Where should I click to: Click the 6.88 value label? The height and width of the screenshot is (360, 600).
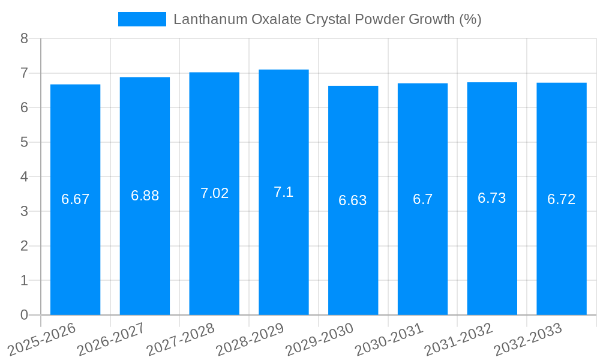[x=145, y=196]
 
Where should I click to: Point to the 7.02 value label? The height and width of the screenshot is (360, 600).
[x=214, y=193]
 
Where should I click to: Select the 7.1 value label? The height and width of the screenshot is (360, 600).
[x=284, y=192]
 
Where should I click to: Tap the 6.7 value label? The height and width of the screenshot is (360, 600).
[x=422, y=200]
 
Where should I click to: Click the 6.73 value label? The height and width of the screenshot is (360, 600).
[x=492, y=198]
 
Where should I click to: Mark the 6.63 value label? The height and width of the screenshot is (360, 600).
[x=353, y=200]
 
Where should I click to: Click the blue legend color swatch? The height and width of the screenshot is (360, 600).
[x=142, y=19]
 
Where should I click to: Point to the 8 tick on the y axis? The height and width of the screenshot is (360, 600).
[x=24, y=38]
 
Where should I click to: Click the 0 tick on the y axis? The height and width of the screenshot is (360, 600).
[x=24, y=315]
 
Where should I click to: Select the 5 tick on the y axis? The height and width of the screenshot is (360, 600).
[x=24, y=142]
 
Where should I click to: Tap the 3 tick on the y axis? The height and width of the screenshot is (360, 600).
[x=24, y=211]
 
